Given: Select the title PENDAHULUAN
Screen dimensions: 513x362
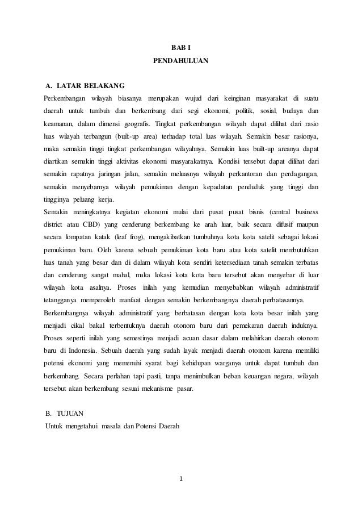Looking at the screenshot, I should point(181,59).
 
